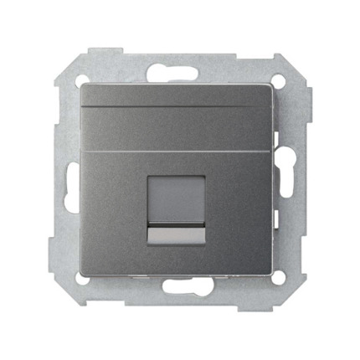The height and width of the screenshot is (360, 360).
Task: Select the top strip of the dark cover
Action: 180,96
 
